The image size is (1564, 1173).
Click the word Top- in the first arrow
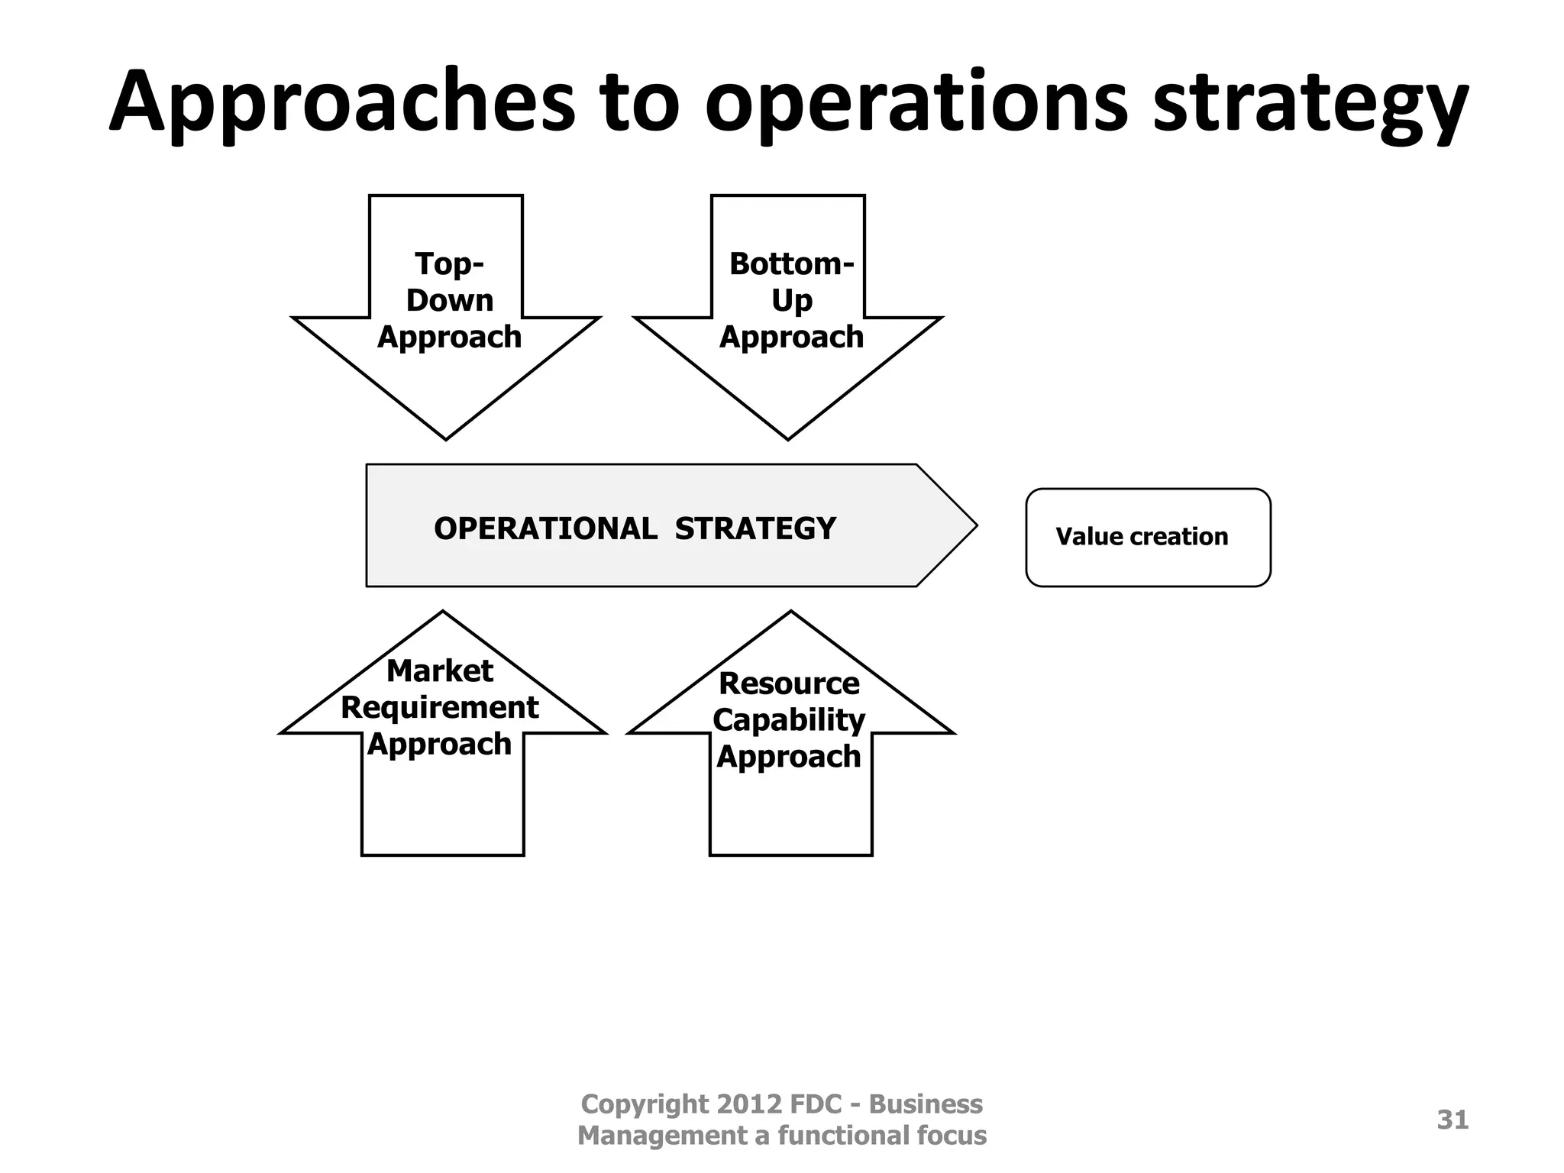pyautogui.click(x=450, y=264)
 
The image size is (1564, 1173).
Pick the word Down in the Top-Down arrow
pyautogui.click(x=450, y=300)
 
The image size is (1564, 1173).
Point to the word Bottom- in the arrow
pyautogui.click(x=791, y=264)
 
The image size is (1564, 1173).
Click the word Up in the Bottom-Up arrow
pyautogui.click(x=791, y=300)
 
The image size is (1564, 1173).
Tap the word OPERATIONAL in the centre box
pyautogui.click(x=545, y=528)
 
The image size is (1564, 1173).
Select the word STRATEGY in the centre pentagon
pyautogui.click(x=755, y=528)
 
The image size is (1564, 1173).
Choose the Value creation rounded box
pyautogui.click(x=1148, y=537)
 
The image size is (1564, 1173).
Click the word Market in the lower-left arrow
pyautogui.click(x=440, y=671)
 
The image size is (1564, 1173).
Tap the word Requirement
pyautogui.click(x=440, y=708)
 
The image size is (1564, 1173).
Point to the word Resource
pyautogui.click(x=789, y=683)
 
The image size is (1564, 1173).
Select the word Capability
pyautogui.click(x=789, y=720)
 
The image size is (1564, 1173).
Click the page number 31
pyautogui.click(x=1453, y=1120)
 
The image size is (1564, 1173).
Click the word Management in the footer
pyautogui.click(x=662, y=1136)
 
